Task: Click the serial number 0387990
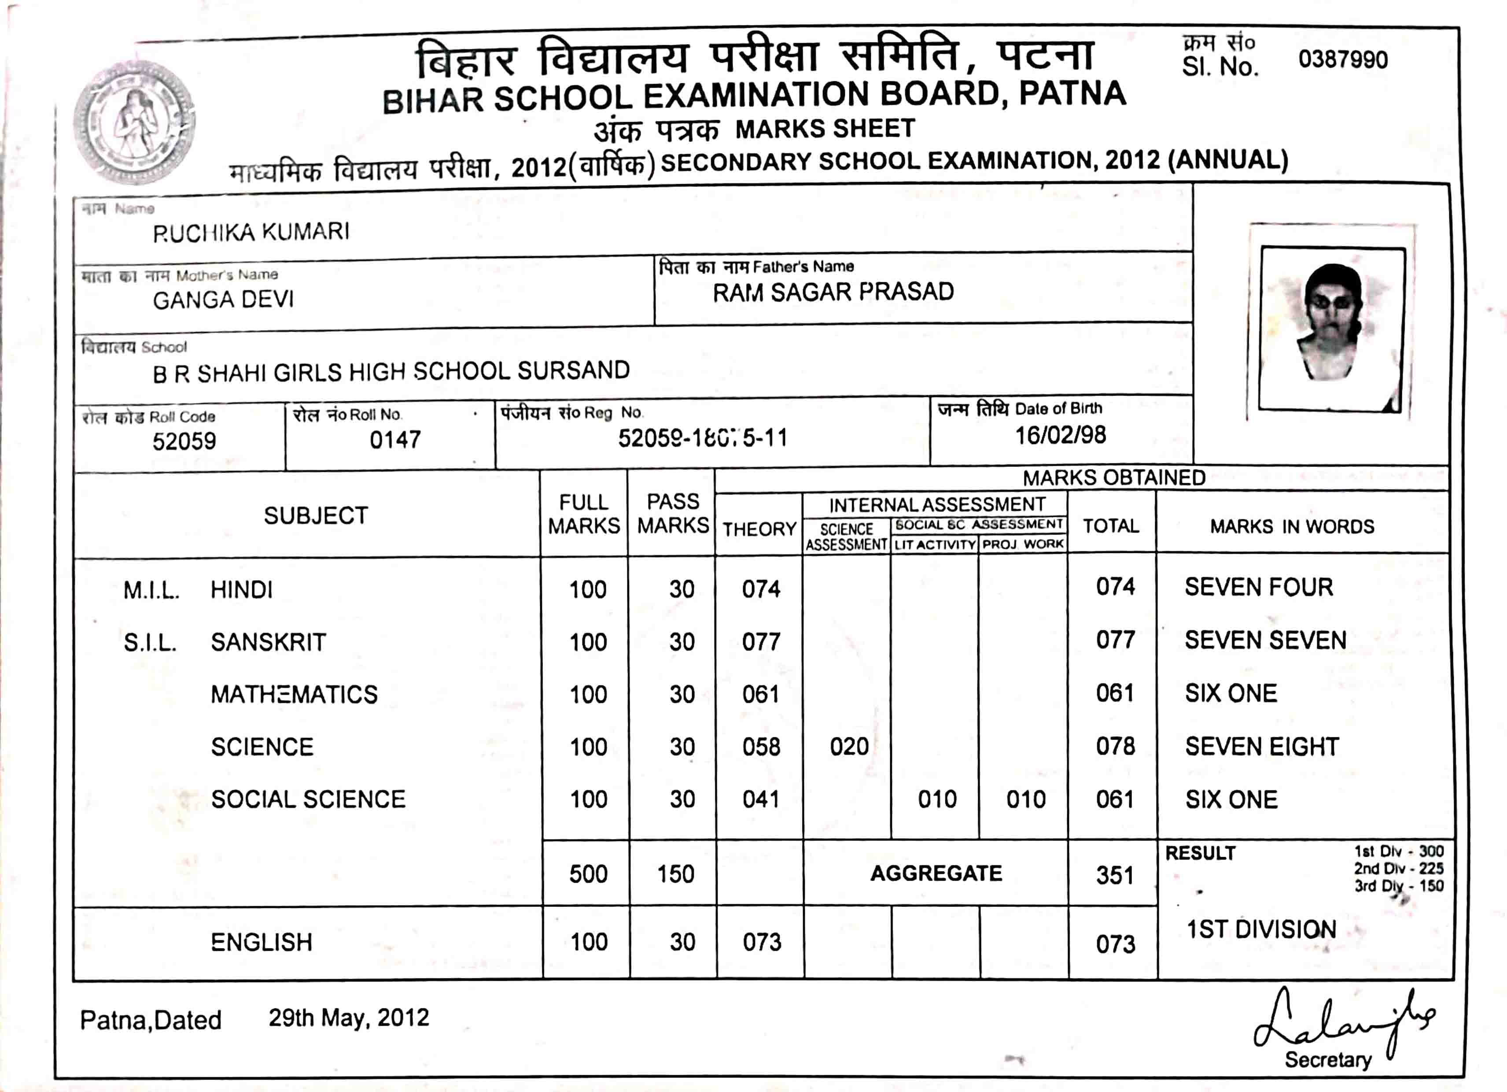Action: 1342,60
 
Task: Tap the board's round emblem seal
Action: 135,123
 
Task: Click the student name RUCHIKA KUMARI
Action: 251,232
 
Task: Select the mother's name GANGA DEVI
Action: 223,300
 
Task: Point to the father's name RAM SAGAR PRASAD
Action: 833,292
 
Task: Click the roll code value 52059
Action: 184,441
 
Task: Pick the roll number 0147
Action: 395,439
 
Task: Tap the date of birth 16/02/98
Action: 1060,435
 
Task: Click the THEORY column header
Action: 759,529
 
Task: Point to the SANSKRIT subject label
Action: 269,642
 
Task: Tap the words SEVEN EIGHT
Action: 1262,746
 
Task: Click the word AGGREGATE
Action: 936,874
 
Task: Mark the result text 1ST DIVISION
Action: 1261,929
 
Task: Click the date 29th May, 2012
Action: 349,1018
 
